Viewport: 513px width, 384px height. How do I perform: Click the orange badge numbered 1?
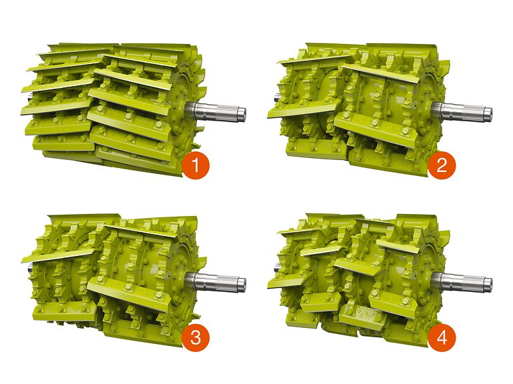pyautogui.click(x=195, y=165)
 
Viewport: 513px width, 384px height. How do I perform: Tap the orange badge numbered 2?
pyautogui.click(x=442, y=165)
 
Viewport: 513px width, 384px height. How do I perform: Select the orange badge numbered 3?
pyautogui.click(x=195, y=337)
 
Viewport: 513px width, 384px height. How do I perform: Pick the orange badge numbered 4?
pyautogui.click(x=442, y=337)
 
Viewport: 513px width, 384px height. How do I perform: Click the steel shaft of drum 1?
pyautogui.click(x=216, y=111)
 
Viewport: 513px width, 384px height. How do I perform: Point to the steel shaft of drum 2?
pyautogui.click(x=462, y=111)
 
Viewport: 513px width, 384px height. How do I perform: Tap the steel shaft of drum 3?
pyautogui.click(x=216, y=283)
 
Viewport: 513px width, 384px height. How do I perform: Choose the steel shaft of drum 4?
pyautogui.click(x=462, y=283)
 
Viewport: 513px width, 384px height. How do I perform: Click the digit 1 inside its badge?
pyautogui.click(x=195, y=165)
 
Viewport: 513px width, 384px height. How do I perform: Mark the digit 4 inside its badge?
pyautogui.click(x=442, y=337)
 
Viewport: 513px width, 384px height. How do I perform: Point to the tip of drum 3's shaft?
pyautogui.click(x=245, y=284)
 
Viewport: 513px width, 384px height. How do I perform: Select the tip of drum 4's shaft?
pyautogui.click(x=492, y=284)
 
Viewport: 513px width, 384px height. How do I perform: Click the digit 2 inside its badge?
pyautogui.click(x=442, y=165)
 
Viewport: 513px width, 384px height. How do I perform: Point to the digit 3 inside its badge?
pyautogui.click(x=195, y=337)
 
